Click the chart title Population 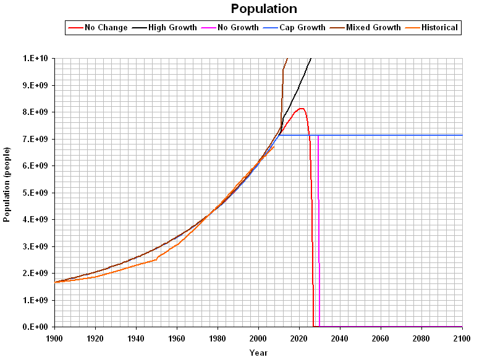coord(264,9)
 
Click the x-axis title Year coord(258,353)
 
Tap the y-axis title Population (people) coord(7,185)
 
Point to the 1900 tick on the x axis coord(55,338)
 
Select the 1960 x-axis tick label coord(177,338)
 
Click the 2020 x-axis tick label coord(299,338)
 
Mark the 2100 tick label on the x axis coord(462,338)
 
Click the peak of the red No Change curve coord(301,109)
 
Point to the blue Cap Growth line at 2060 coord(381,135)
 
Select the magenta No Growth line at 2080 coord(421,326)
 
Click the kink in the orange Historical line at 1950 coord(156,259)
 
